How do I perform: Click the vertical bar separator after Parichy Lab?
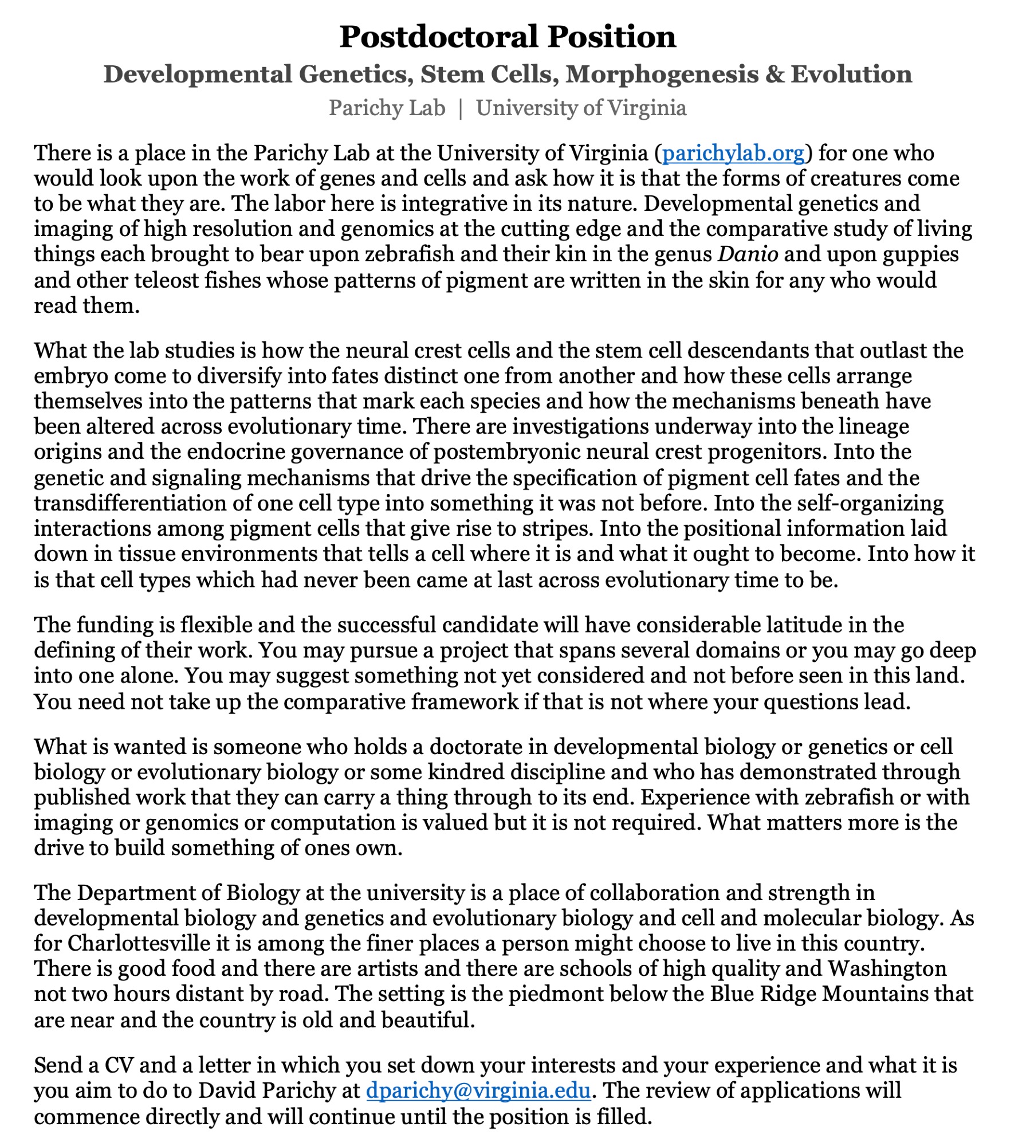461,108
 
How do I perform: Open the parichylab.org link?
733,153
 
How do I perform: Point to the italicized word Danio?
748,254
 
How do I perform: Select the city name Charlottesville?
147,943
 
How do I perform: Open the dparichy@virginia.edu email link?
478,1090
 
